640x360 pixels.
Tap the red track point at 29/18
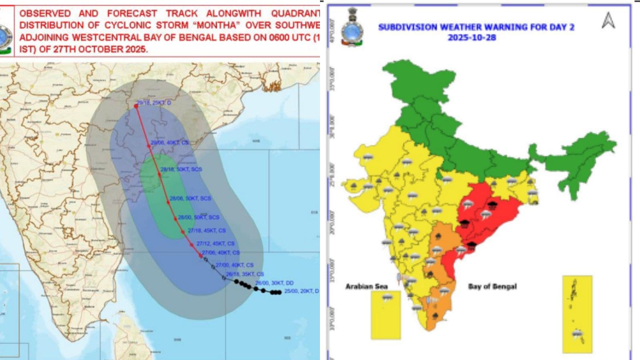[136, 106]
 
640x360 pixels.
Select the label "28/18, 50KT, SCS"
[181, 169]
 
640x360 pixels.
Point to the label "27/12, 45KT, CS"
[215, 243]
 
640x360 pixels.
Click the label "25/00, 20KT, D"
[301, 291]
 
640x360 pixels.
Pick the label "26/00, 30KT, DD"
[274, 283]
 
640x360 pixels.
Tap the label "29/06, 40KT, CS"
[169, 142]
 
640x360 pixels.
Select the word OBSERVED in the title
[45, 13]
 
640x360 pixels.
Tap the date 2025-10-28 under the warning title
[472, 38]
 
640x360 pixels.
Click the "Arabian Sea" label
[366, 286]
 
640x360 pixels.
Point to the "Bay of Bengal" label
[492, 286]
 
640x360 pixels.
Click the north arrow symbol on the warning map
[608, 20]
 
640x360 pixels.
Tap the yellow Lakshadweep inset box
[386, 315]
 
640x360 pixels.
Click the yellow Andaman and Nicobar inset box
[577, 314]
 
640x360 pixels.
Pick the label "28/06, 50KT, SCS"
[190, 198]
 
